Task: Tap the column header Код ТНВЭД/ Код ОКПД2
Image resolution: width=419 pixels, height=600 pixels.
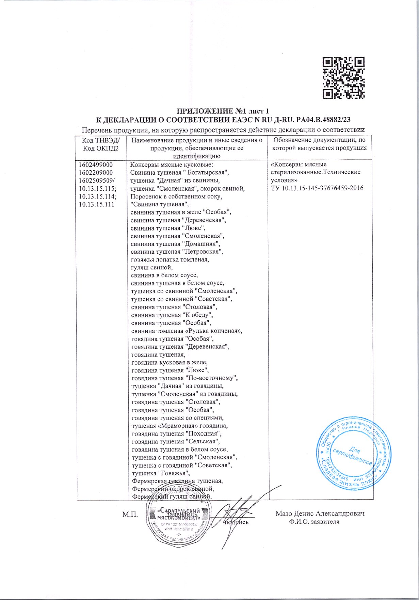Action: click(x=101, y=144)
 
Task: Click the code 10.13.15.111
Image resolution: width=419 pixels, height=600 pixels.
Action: click(x=96, y=204)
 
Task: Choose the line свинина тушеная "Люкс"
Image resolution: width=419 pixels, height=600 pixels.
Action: click(x=168, y=228)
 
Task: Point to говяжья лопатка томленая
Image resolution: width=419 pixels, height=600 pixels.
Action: click(x=170, y=259)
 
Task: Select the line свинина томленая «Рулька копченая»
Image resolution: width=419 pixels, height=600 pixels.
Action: click(x=187, y=331)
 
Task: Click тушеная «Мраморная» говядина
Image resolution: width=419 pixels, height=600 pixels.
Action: click(x=180, y=426)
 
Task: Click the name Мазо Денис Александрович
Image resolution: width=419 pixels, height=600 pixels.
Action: click(x=320, y=514)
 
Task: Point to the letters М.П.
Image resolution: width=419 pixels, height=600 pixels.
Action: click(x=130, y=514)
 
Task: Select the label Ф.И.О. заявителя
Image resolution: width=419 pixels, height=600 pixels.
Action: click(x=313, y=522)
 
